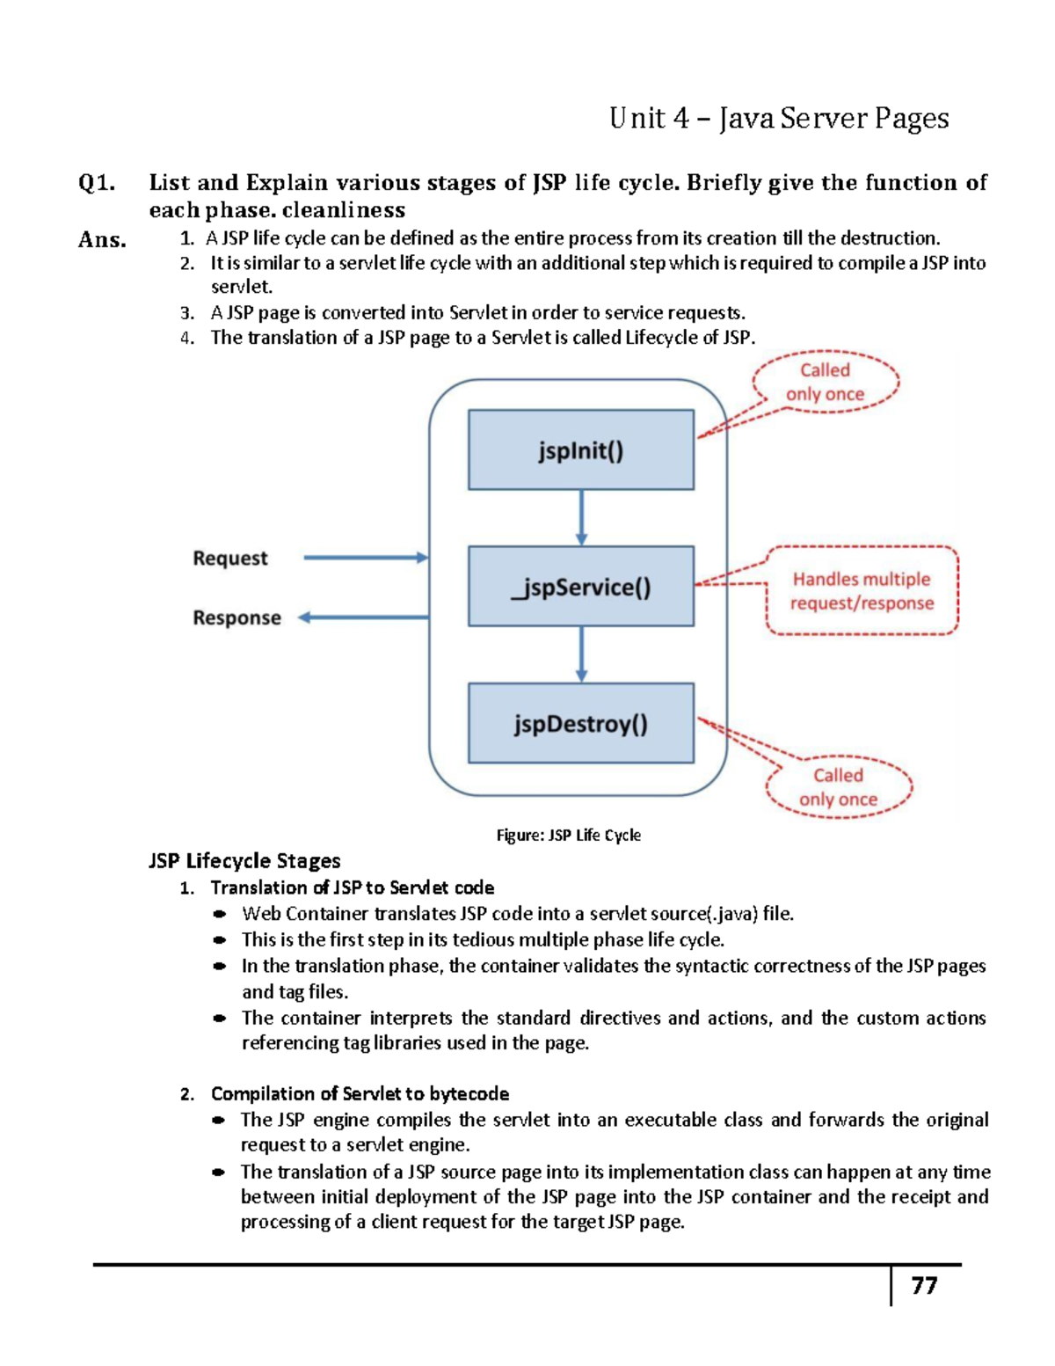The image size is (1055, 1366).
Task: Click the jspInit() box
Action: (x=580, y=449)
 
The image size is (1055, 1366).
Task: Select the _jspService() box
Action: (x=580, y=587)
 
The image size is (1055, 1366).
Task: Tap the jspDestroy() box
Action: (x=580, y=723)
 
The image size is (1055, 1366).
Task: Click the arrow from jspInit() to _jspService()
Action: (x=581, y=518)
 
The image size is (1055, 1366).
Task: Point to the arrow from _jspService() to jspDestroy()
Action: (x=581, y=654)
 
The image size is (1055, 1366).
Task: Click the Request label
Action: (x=230, y=559)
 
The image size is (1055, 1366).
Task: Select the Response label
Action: (x=236, y=618)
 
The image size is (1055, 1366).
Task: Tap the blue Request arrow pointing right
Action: (x=365, y=558)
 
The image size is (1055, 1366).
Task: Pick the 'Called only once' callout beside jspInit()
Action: (x=825, y=383)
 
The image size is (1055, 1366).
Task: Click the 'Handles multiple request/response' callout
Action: (x=862, y=591)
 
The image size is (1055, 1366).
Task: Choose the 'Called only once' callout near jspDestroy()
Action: (x=838, y=787)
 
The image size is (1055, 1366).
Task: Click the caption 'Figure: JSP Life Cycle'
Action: (x=568, y=836)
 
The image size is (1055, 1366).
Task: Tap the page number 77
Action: (x=924, y=1286)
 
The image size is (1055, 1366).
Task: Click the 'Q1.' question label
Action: (x=97, y=183)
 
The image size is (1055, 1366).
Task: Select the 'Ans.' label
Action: (x=102, y=239)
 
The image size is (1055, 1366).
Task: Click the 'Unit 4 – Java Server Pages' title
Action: (x=779, y=118)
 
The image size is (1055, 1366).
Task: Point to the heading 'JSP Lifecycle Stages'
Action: (x=244, y=861)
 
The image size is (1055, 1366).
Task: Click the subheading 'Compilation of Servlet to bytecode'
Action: (x=360, y=1093)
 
